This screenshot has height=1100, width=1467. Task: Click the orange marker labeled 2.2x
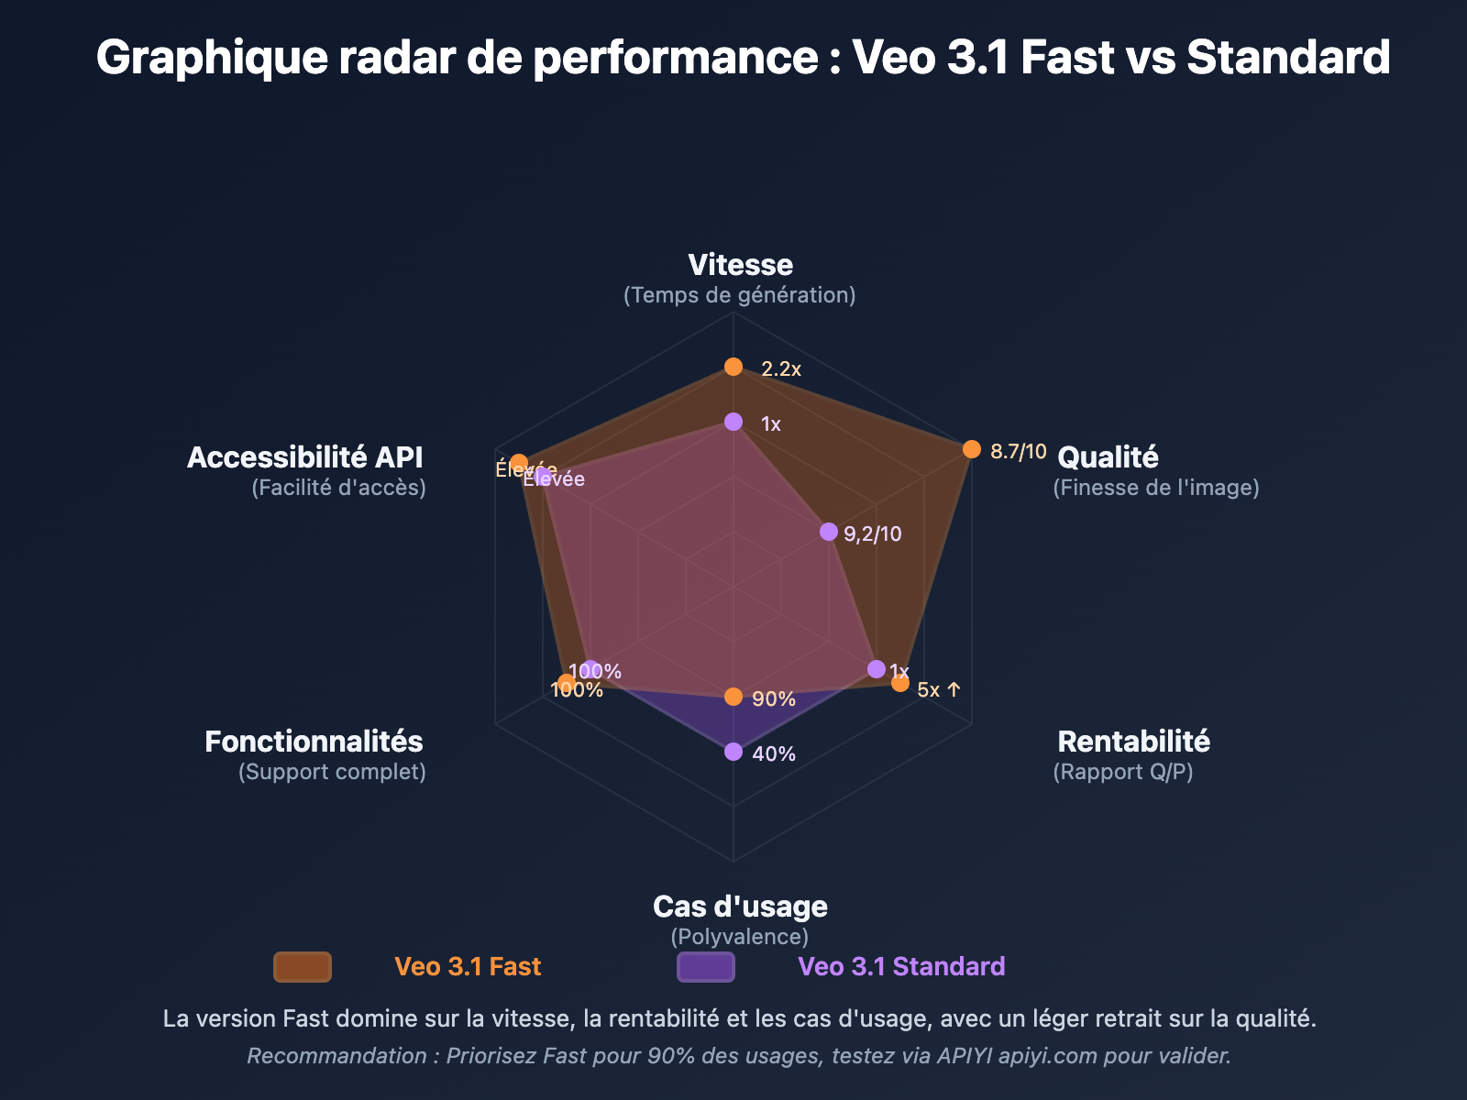click(x=733, y=367)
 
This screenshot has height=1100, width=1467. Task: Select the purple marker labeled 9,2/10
click(x=829, y=532)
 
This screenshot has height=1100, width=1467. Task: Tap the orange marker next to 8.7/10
click(x=972, y=449)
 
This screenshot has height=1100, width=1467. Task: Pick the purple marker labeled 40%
click(x=733, y=752)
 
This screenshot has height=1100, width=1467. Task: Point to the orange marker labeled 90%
click(x=733, y=697)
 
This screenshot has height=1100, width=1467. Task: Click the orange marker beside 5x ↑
click(x=900, y=683)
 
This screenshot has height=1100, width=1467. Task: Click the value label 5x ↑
click(x=939, y=690)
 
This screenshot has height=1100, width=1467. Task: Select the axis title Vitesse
click(x=740, y=265)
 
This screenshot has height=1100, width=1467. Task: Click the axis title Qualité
click(x=1108, y=457)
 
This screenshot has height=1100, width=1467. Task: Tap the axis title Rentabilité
click(x=1133, y=742)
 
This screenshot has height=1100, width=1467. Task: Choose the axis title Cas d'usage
click(x=740, y=907)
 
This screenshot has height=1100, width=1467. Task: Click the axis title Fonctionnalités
click(x=314, y=742)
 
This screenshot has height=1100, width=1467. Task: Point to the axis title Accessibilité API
click(x=305, y=457)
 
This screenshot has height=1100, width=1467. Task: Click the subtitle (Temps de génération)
click(x=739, y=295)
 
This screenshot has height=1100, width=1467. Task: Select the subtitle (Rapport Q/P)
click(x=1123, y=772)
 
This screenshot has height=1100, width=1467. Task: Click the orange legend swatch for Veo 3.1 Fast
click(x=303, y=967)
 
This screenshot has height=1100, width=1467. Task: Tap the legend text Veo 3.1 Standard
click(x=901, y=967)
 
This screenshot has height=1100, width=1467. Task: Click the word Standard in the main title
click(x=1287, y=57)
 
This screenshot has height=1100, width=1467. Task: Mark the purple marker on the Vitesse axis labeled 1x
click(x=733, y=422)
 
